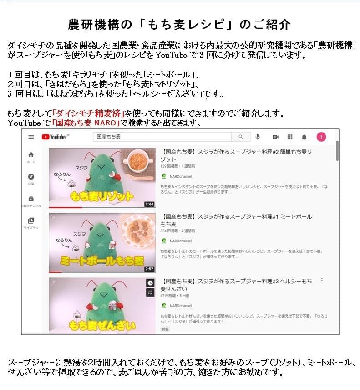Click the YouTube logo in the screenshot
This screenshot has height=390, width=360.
coord(55,137)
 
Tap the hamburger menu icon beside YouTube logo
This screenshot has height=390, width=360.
coord(31,137)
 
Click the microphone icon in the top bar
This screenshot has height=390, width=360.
coord(258,137)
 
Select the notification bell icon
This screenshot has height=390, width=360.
coord(304,137)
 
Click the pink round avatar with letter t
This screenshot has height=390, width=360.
coord(321,137)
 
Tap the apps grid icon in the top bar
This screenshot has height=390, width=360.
coord(289,137)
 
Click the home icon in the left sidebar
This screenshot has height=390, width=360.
coord(31,155)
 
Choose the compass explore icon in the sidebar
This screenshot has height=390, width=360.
coord(31,177)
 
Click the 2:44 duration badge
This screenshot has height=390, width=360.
coord(149,204)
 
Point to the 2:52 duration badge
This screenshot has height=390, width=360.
coord(149,269)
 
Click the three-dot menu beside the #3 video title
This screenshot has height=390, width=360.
coord(322,281)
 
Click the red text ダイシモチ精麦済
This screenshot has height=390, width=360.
coord(89,113)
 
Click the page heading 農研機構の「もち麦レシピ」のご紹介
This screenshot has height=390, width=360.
coord(179,24)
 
